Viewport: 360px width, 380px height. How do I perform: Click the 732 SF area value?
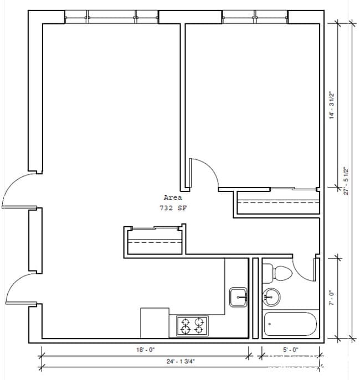click(172, 208)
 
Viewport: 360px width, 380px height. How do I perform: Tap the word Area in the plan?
click(172, 197)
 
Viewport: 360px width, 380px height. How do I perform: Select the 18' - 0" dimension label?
click(145, 350)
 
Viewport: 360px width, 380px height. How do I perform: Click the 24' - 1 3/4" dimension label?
click(145, 362)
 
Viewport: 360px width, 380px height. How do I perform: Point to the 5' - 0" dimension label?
click(290, 350)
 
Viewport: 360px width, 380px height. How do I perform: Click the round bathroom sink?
click(271, 296)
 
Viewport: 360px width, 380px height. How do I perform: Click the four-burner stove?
click(192, 326)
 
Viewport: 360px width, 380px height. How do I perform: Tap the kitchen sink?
click(239, 296)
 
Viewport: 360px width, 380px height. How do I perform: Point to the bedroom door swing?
click(202, 173)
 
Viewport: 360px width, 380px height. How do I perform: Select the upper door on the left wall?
click(17, 191)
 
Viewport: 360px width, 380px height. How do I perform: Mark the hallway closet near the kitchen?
click(155, 241)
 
